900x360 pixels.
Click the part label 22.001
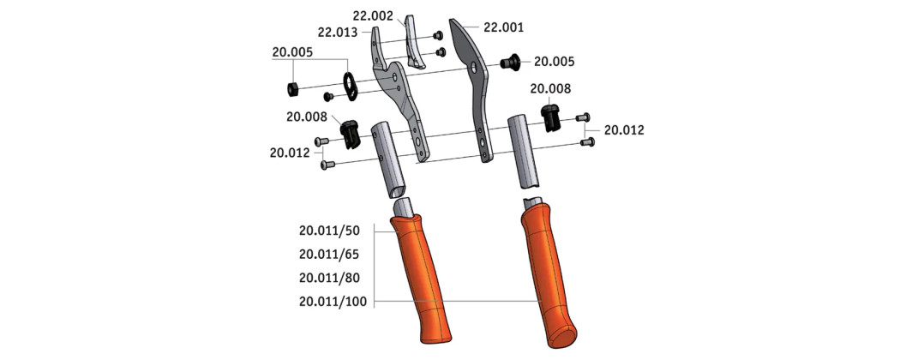(503, 27)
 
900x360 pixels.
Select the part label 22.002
(373, 16)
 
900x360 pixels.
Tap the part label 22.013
(338, 33)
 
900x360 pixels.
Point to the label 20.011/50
(329, 231)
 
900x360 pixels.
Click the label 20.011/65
(329, 254)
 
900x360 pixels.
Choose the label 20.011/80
(329, 278)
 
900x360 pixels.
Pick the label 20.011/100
(333, 302)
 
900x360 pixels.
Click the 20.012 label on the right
(624, 130)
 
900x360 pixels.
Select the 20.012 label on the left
(290, 153)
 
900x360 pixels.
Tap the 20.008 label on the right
(550, 88)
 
